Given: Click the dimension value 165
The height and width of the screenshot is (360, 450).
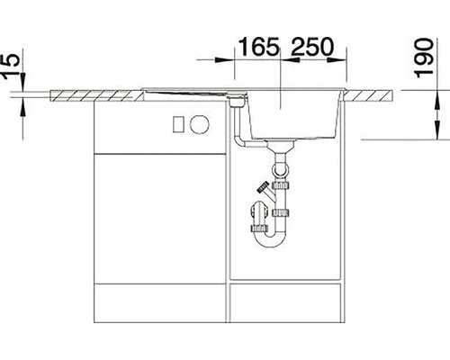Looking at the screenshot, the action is click(259, 47).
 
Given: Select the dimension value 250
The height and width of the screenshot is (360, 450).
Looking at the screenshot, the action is click(312, 47).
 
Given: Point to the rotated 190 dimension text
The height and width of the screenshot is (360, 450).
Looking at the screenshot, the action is click(424, 58).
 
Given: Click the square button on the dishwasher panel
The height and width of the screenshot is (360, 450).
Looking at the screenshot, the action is click(178, 124).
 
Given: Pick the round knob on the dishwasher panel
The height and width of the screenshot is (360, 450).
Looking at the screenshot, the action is click(200, 124).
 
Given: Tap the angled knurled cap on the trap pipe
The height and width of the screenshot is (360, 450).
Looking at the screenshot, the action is click(265, 187).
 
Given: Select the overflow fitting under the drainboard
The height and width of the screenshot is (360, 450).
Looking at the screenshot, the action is click(238, 101).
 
